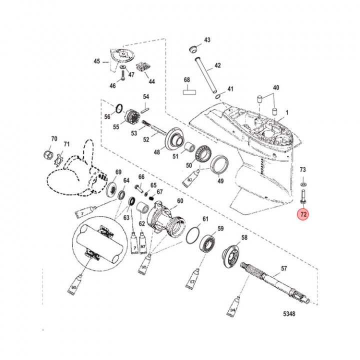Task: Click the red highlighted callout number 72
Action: (x=303, y=215)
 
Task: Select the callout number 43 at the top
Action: (x=207, y=40)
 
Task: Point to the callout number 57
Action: (x=283, y=269)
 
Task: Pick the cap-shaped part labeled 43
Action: (x=190, y=48)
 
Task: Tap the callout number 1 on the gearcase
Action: (x=287, y=114)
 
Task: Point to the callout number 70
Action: (x=54, y=138)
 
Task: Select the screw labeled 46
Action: (x=121, y=76)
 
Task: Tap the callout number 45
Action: (x=97, y=61)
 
